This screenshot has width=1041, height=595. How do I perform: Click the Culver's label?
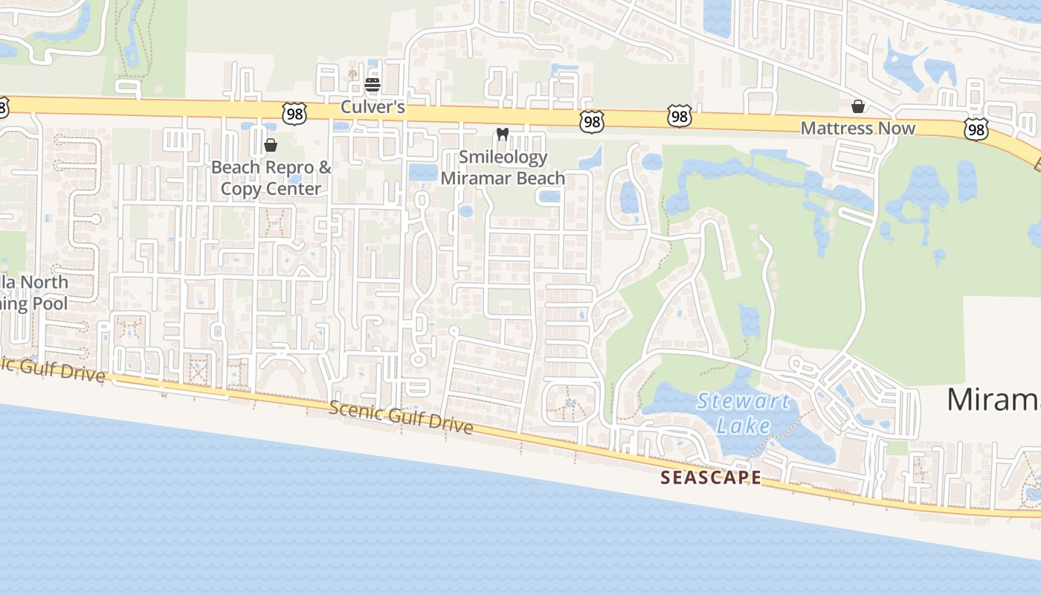point(373,107)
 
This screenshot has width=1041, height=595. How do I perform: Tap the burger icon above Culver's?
point(373,84)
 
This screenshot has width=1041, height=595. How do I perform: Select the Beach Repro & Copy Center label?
point(271,178)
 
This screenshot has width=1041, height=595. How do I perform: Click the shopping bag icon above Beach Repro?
point(271,144)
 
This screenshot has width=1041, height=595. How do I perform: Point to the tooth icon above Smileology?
point(502,135)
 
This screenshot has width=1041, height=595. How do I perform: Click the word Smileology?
point(503,157)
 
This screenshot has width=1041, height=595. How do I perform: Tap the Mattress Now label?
point(857,128)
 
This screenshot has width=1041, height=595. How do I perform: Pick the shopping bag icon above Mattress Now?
point(857,106)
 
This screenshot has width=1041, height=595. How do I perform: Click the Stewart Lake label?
point(744,414)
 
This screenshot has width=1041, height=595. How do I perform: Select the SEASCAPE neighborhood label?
point(711,477)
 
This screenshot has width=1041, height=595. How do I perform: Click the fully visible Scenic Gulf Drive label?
point(401,416)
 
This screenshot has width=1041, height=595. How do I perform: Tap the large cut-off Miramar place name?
point(993,399)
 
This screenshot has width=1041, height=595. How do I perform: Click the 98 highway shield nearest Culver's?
point(294,113)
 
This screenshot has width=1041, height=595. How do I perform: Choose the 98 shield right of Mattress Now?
point(976,129)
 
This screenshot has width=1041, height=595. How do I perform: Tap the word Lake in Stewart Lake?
point(744,425)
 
